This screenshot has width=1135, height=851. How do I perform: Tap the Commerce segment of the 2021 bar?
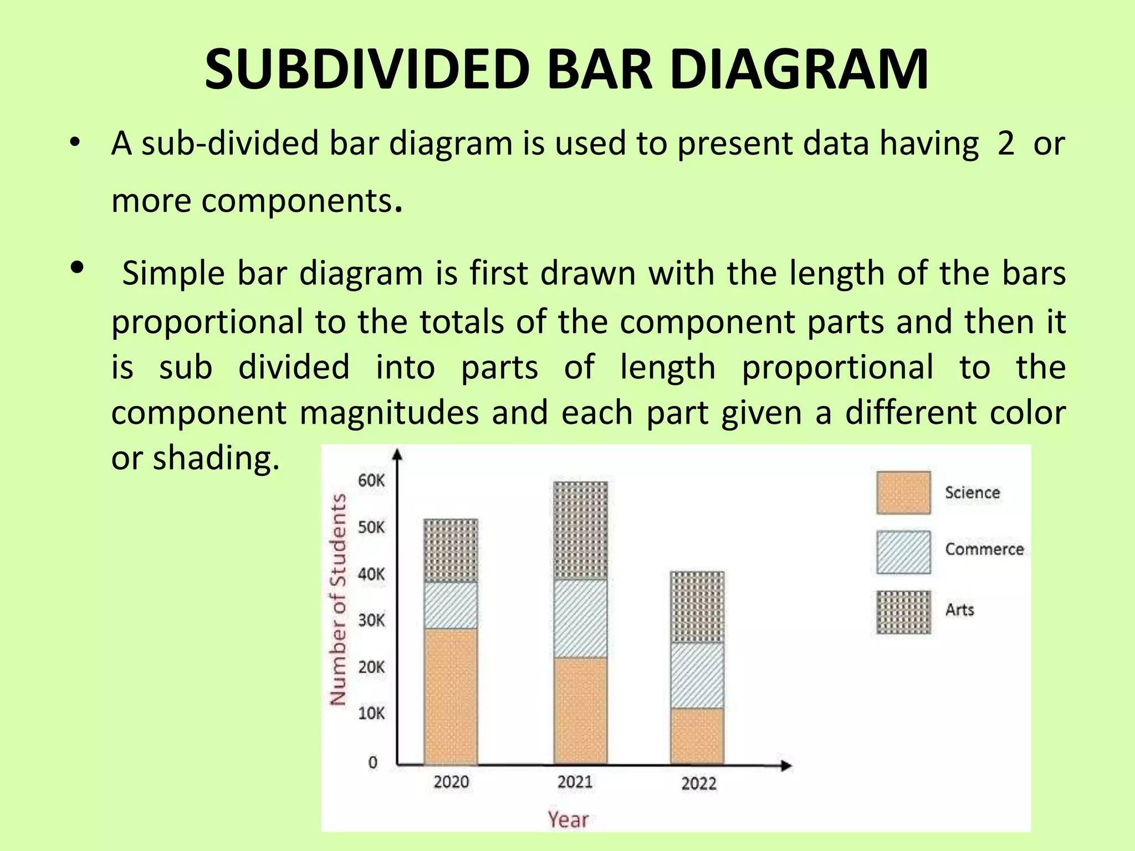pyautogui.click(x=580, y=618)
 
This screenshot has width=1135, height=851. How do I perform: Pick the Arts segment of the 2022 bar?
pyautogui.click(x=697, y=607)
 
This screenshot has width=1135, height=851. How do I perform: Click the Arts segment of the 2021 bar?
pyautogui.click(x=580, y=530)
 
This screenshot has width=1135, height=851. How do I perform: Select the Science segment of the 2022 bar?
pyautogui.click(x=697, y=736)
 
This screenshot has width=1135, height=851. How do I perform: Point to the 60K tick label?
pyautogui.click(x=371, y=480)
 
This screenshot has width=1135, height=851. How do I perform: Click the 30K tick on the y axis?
pyautogui.click(x=371, y=620)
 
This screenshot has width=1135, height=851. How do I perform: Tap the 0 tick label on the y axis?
pyautogui.click(x=373, y=762)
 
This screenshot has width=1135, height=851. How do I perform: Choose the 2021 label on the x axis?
pyautogui.click(x=575, y=782)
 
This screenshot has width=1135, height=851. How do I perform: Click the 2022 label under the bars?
pyautogui.click(x=699, y=783)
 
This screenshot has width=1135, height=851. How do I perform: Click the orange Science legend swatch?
pyautogui.click(x=903, y=493)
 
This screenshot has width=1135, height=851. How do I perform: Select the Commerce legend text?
pyautogui.click(x=984, y=549)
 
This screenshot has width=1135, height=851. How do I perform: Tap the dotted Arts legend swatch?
pyautogui.click(x=903, y=612)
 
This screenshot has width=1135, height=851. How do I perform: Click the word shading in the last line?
pyautogui.click(x=216, y=458)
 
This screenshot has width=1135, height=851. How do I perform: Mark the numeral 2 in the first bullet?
pyautogui.click(x=1006, y=143)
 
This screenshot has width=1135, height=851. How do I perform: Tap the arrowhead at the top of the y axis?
pyautogui.click(x=397, y=454)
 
